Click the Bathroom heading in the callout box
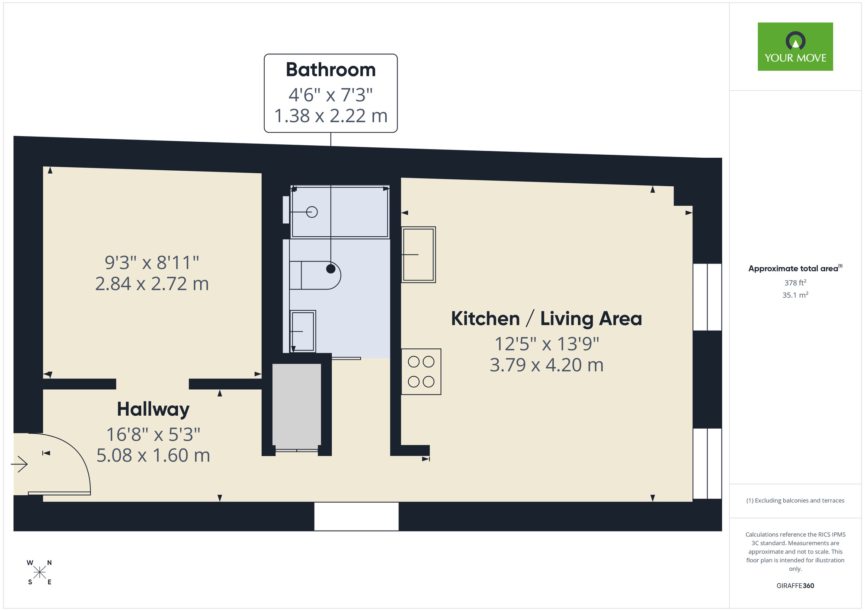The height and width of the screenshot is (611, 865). click(x=330, y=70)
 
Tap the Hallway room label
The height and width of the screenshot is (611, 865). click(x=153, y=409)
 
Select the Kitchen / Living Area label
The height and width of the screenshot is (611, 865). click(x=546, y=319)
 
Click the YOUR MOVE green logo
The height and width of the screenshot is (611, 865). click(x=795, y=47)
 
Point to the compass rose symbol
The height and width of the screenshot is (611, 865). click(x=39, y=573)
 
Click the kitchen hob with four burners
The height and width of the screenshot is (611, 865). click(x=421, y=372)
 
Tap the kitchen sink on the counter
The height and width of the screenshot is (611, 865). click(x=418, y=255)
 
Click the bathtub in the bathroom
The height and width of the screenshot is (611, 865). click(x=340, y=212)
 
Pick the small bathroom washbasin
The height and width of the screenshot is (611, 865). click(x=302, y=331)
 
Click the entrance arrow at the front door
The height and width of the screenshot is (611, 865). click(x=19, y=465)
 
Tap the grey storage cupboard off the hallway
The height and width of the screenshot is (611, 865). click(x=297, y=406)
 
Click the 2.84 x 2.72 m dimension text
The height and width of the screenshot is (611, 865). click(x=152, y=284)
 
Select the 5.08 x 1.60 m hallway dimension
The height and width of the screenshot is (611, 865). click(x=153, y=455)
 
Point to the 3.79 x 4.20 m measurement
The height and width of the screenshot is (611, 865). click(x=546, y=365)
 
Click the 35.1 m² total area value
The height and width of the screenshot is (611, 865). click(x=795, y=295)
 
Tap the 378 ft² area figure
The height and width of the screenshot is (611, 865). click(x=795, y=283)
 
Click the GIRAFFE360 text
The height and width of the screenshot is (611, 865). click(x=795, y=586)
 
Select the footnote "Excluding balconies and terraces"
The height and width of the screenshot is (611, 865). click(x=795, y=500)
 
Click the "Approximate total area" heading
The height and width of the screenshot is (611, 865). click(x=795, y=268)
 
